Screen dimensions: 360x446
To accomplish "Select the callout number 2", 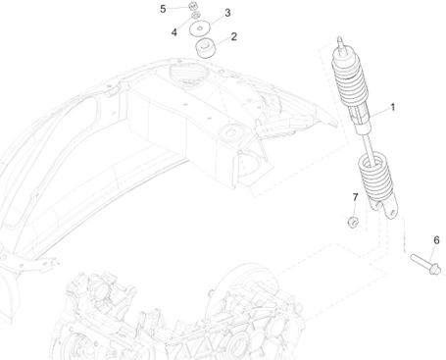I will coord(232,37).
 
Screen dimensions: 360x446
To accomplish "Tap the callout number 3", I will coord(227,13).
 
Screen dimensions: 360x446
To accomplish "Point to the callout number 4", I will coord(173,31).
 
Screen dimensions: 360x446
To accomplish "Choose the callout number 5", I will coord(164,9).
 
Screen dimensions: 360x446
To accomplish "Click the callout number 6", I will coord(436,238).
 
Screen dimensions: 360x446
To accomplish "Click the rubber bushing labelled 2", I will coord(206,48).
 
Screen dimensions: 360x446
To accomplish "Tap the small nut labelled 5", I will coord(192,9).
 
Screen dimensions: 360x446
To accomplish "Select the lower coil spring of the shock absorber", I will coord(373,178).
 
